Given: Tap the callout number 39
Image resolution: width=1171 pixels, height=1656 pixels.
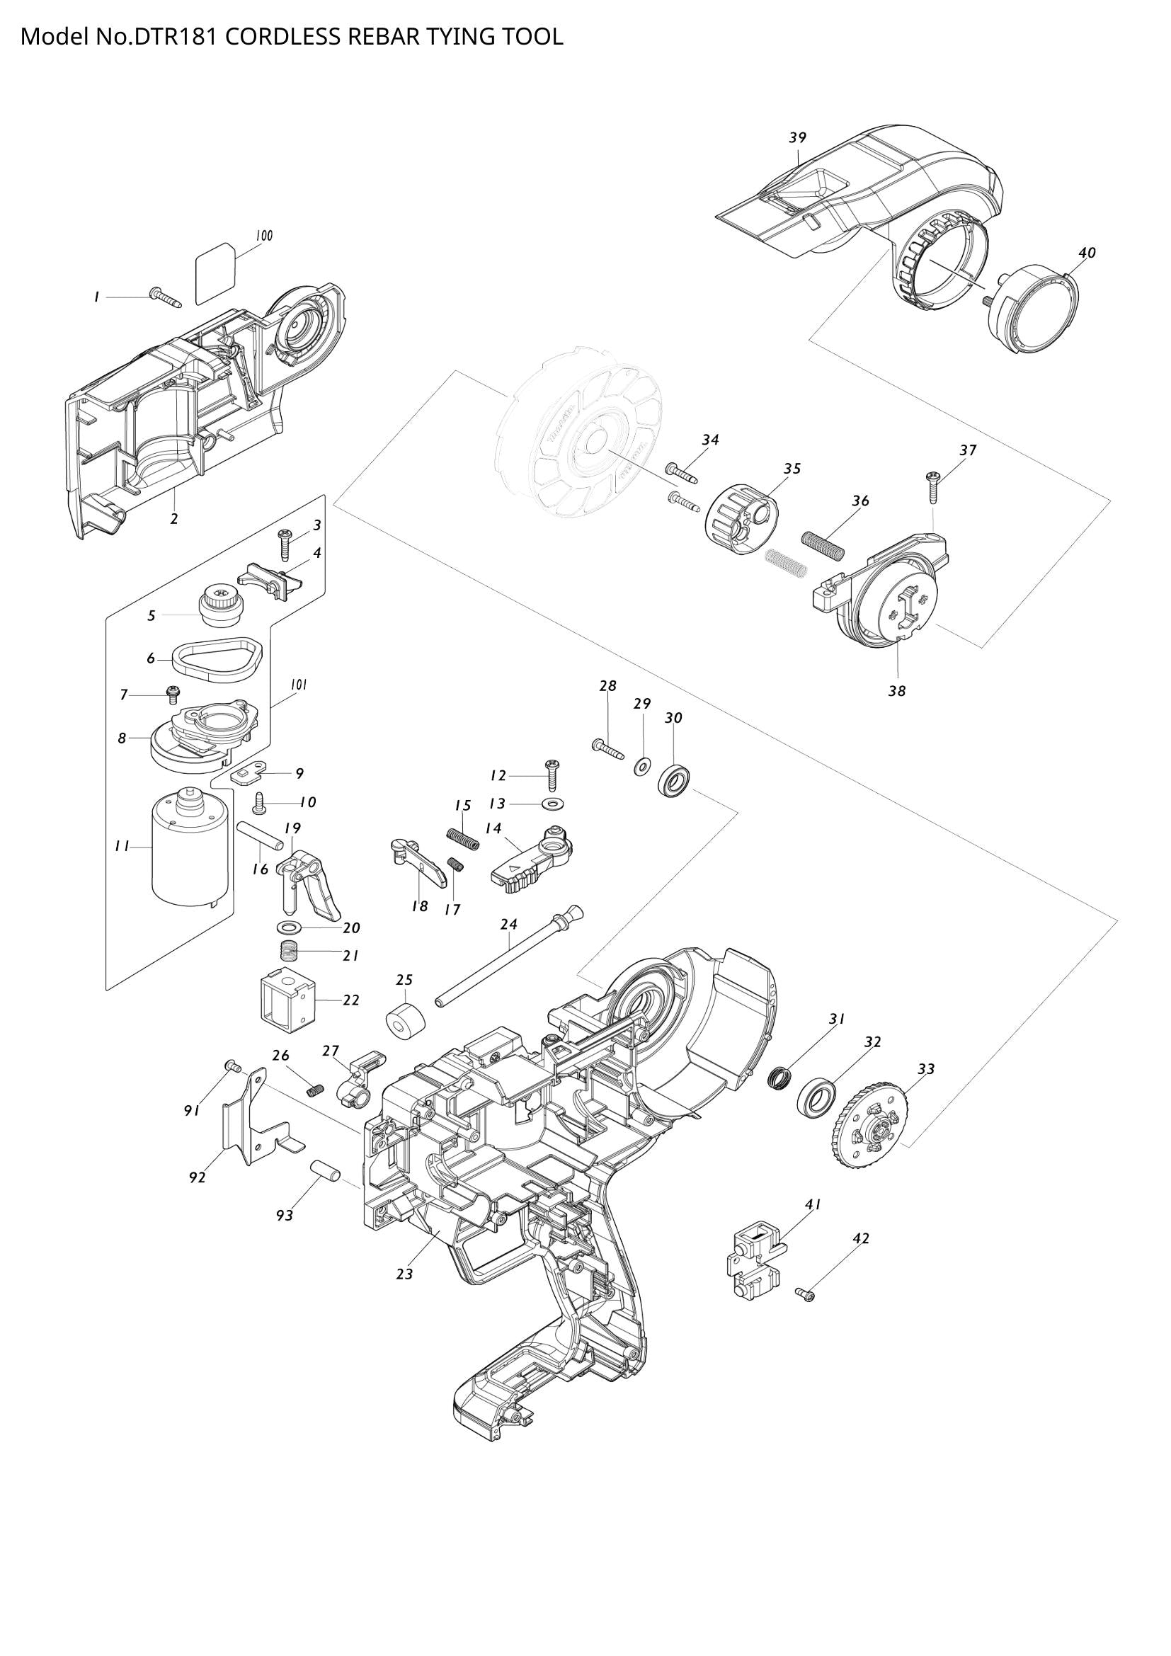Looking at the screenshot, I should click(797, 138).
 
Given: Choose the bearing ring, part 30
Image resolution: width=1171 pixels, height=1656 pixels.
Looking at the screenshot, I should click(675, 782).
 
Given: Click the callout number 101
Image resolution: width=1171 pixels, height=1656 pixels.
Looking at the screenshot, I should click(299, 685).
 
